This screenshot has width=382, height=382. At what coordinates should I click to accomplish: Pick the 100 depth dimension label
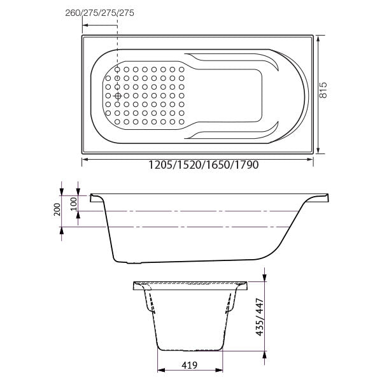(x=73, y=204)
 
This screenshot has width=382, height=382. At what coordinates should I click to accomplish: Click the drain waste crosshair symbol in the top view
(x=118, y=95)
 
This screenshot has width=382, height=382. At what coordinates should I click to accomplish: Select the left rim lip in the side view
(x=97, y=197)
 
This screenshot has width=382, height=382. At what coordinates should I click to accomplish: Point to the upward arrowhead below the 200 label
(x=62, y=230)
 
